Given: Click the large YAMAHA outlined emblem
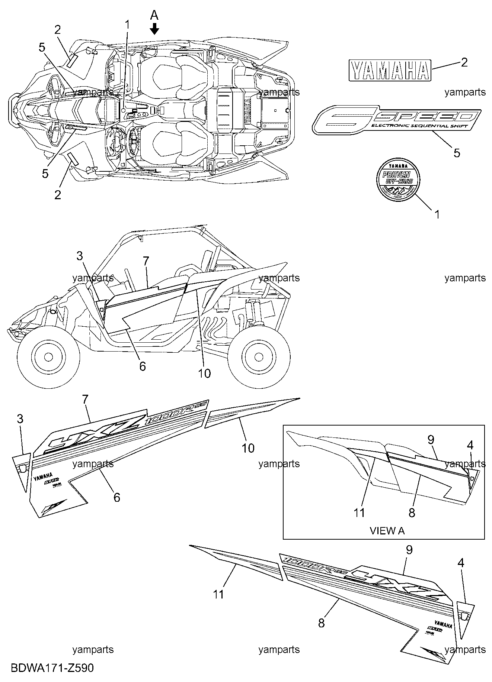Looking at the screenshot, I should (x=389, y=70).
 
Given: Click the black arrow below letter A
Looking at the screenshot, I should (x=154, y=29).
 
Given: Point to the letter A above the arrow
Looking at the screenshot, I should (x=154, y=15).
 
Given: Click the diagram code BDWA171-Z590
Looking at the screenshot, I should (x=52, y=668).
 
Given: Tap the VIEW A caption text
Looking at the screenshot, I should (x=387, y=530).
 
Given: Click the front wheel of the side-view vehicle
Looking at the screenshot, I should (x=48, y=356).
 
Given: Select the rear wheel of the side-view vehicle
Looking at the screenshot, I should (x=259, y=356).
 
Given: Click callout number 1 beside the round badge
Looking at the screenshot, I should (x=437, y=214).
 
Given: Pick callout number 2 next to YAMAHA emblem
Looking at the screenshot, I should (x=464, y=62).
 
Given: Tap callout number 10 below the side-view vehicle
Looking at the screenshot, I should (x=204, y=373).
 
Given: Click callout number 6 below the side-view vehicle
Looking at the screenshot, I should (x=143, y=366).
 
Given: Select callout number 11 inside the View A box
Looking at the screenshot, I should (x=359, y=513).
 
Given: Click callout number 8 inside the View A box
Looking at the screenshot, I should (x=412, y=513).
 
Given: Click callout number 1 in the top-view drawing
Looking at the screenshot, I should (x=128, y=25).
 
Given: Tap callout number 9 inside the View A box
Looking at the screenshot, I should (x=431, y=440).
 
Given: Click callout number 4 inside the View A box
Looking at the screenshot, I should (x=470, y=445).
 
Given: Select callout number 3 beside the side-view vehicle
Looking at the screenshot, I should (x=80, y=256).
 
